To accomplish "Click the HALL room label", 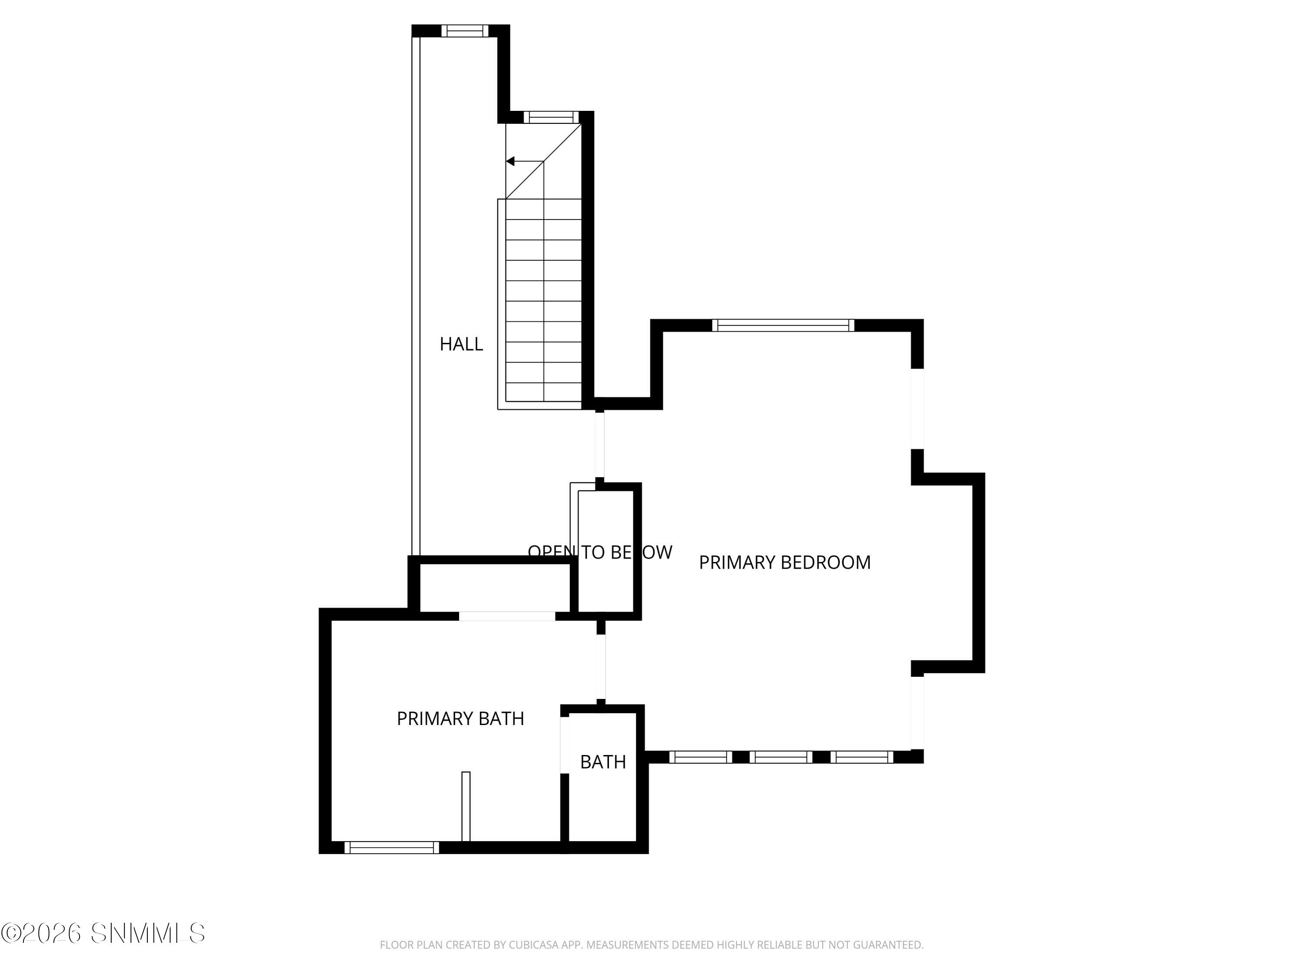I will click(461, 344).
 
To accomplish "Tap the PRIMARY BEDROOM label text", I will click(784, 562).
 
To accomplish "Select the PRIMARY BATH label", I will click(460, 719).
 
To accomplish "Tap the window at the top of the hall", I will click(465, 31).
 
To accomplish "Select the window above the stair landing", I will click(551, 117).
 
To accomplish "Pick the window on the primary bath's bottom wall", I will click(392, 848).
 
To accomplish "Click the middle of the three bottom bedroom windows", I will click(781, 757).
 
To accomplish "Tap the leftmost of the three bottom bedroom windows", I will click(700, 757).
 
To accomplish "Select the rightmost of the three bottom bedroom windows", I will click(862, 757).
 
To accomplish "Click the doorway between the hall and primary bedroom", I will click(599, 445).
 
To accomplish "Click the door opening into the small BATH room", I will click(564, 744).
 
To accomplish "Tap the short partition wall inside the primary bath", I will click(466, 806).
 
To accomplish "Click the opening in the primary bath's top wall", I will click(506, 616).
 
